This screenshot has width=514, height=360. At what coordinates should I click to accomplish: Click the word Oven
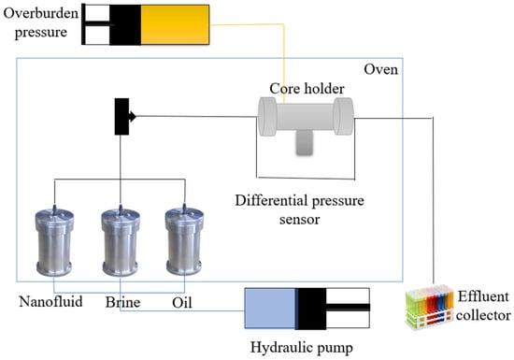(381, 69)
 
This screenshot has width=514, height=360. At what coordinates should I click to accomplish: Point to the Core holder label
(307, 89)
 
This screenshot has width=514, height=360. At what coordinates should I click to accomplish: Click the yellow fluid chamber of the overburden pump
(175, 24)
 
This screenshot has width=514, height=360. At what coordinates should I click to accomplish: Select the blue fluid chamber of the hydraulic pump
(270, 309)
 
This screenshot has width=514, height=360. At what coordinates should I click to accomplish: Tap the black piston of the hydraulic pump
(311, 309)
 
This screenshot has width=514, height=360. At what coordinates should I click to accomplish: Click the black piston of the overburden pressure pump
(125, 24)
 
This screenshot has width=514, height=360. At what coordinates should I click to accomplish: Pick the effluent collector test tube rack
(430, 307)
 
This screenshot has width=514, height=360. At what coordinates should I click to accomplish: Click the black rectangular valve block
(121, 116)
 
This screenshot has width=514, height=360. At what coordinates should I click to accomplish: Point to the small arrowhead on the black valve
(133, 116)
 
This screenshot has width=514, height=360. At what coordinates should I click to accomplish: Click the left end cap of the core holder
(268, 116)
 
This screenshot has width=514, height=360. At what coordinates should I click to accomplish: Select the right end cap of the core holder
(344, 116)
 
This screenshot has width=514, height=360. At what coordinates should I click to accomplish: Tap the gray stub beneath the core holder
(305, 142)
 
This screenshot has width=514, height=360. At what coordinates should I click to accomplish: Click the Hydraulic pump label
(302, 348)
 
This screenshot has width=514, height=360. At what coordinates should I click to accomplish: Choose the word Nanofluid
(50, 301)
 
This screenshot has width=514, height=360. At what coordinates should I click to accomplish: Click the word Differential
(271, 200)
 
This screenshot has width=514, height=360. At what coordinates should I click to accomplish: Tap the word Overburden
(41, 13)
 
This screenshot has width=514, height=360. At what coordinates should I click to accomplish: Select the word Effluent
(483, 296)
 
